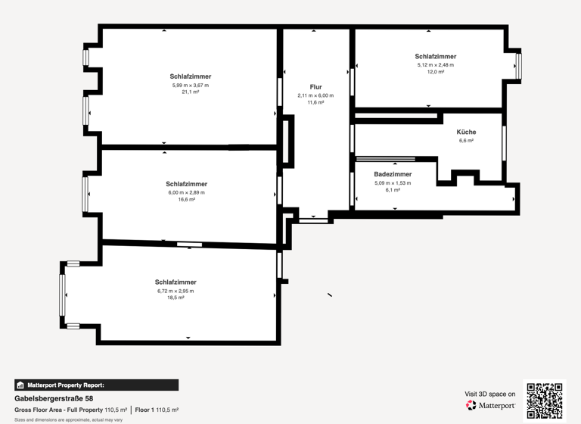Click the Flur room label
click(315, 87)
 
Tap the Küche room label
click(466, 132)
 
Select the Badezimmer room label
click(393, 174)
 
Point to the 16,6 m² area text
click(186, 199)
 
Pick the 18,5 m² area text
click(176, 298)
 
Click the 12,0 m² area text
click(435, 71)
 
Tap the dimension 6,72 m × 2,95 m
click(176, 291)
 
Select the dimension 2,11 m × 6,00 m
click(315, 95)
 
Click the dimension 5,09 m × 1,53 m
click(393, 182)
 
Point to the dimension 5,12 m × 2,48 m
click(435, 64)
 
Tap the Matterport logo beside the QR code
click(490, 406)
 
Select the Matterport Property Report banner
click(96, 385)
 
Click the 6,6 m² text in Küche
click(466, 141)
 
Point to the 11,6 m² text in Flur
click(315, 102)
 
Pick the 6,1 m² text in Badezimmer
click(393, 190)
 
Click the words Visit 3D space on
click(490, 394)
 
